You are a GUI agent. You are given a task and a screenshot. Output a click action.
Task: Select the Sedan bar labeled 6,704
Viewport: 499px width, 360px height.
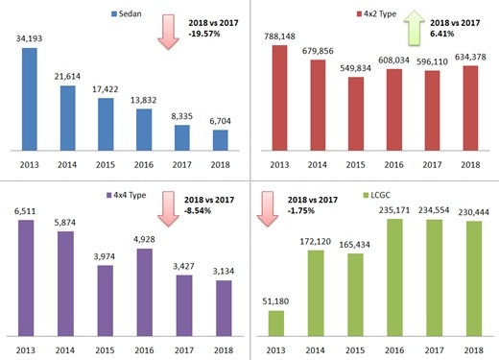pyautogui.click(x=221, y=140)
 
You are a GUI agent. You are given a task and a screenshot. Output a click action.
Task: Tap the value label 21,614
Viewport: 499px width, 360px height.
pyautogui.click(x=67, y=76)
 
